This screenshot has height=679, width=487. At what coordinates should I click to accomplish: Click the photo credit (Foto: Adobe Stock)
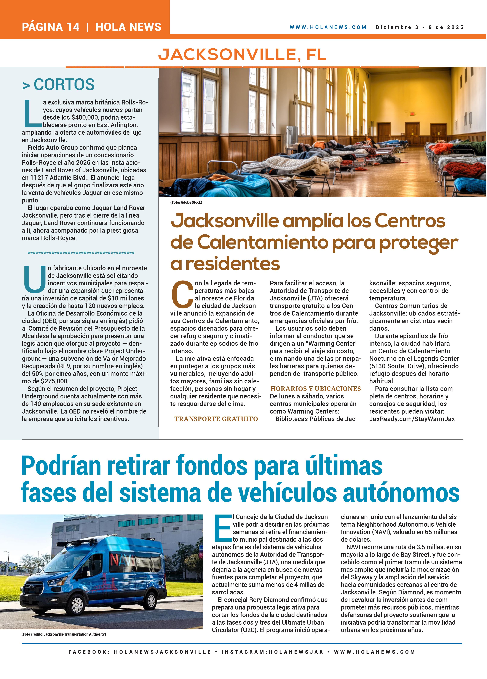pyautogui.click(x=186, y=202)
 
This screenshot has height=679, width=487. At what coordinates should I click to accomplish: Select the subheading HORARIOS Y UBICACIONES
pyautogui.click(x=316, y=389)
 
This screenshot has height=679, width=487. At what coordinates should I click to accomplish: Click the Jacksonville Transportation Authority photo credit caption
pyautogui.click(x=64, y=634)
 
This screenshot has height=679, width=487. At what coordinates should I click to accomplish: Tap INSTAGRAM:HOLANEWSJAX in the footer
pyautogui.click(x=272, y=652)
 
